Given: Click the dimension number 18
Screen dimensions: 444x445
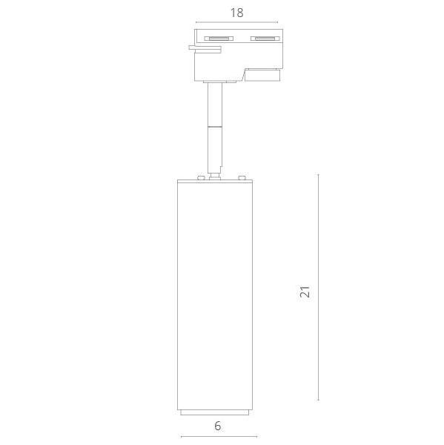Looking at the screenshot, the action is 236,13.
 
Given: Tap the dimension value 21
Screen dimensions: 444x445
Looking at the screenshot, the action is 305,291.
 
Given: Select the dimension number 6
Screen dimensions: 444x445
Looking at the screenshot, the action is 218,426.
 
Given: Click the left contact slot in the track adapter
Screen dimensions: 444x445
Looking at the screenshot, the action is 219,39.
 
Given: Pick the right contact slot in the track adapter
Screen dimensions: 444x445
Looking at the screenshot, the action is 265,39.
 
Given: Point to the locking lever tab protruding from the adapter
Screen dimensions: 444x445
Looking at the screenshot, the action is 205,49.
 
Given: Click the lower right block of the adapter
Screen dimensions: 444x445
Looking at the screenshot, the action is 262,75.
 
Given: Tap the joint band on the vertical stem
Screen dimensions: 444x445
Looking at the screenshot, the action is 215,126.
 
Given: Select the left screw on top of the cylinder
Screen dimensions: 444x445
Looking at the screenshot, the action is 201,178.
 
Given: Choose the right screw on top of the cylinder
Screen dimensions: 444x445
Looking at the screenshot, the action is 242,178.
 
